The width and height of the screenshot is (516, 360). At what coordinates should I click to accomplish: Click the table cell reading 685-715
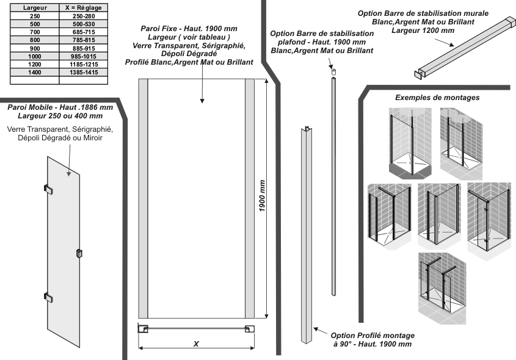coord(84,32)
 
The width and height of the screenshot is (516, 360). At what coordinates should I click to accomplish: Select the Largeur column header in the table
coord(35,7)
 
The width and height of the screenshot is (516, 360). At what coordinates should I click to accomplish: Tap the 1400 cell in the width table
coord(35,73)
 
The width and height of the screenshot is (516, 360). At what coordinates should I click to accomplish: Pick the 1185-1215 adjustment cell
coord(84,65)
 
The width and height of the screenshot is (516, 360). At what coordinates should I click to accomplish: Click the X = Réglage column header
coord(84,7)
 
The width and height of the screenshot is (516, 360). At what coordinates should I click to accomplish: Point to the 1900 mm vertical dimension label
coord(262,196)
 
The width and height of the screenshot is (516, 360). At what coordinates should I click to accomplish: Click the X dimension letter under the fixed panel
coord(196,344)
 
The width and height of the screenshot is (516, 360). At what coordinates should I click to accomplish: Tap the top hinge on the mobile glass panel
coord(48,189)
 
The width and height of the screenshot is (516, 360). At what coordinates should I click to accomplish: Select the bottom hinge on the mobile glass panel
coord(48,297)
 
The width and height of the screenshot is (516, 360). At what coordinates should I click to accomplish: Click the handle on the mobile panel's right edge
coord(79,253)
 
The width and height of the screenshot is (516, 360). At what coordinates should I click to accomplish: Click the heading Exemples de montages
coord(437,98)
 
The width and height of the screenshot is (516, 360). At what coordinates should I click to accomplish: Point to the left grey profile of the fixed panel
coord(143,198)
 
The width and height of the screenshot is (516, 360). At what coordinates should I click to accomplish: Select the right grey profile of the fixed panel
coord(250,198)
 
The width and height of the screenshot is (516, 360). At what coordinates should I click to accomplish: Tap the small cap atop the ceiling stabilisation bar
coord(333,71)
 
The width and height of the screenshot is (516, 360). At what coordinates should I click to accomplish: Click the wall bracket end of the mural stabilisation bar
coord(418,74)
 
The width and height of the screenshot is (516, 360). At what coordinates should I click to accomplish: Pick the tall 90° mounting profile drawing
coord(307,235)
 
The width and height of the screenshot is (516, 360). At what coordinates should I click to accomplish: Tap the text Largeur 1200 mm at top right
coord(423,31)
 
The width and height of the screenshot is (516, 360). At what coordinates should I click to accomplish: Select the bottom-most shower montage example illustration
coord(442,289)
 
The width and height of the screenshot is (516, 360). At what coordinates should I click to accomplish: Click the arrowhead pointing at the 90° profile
coord(316,329)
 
